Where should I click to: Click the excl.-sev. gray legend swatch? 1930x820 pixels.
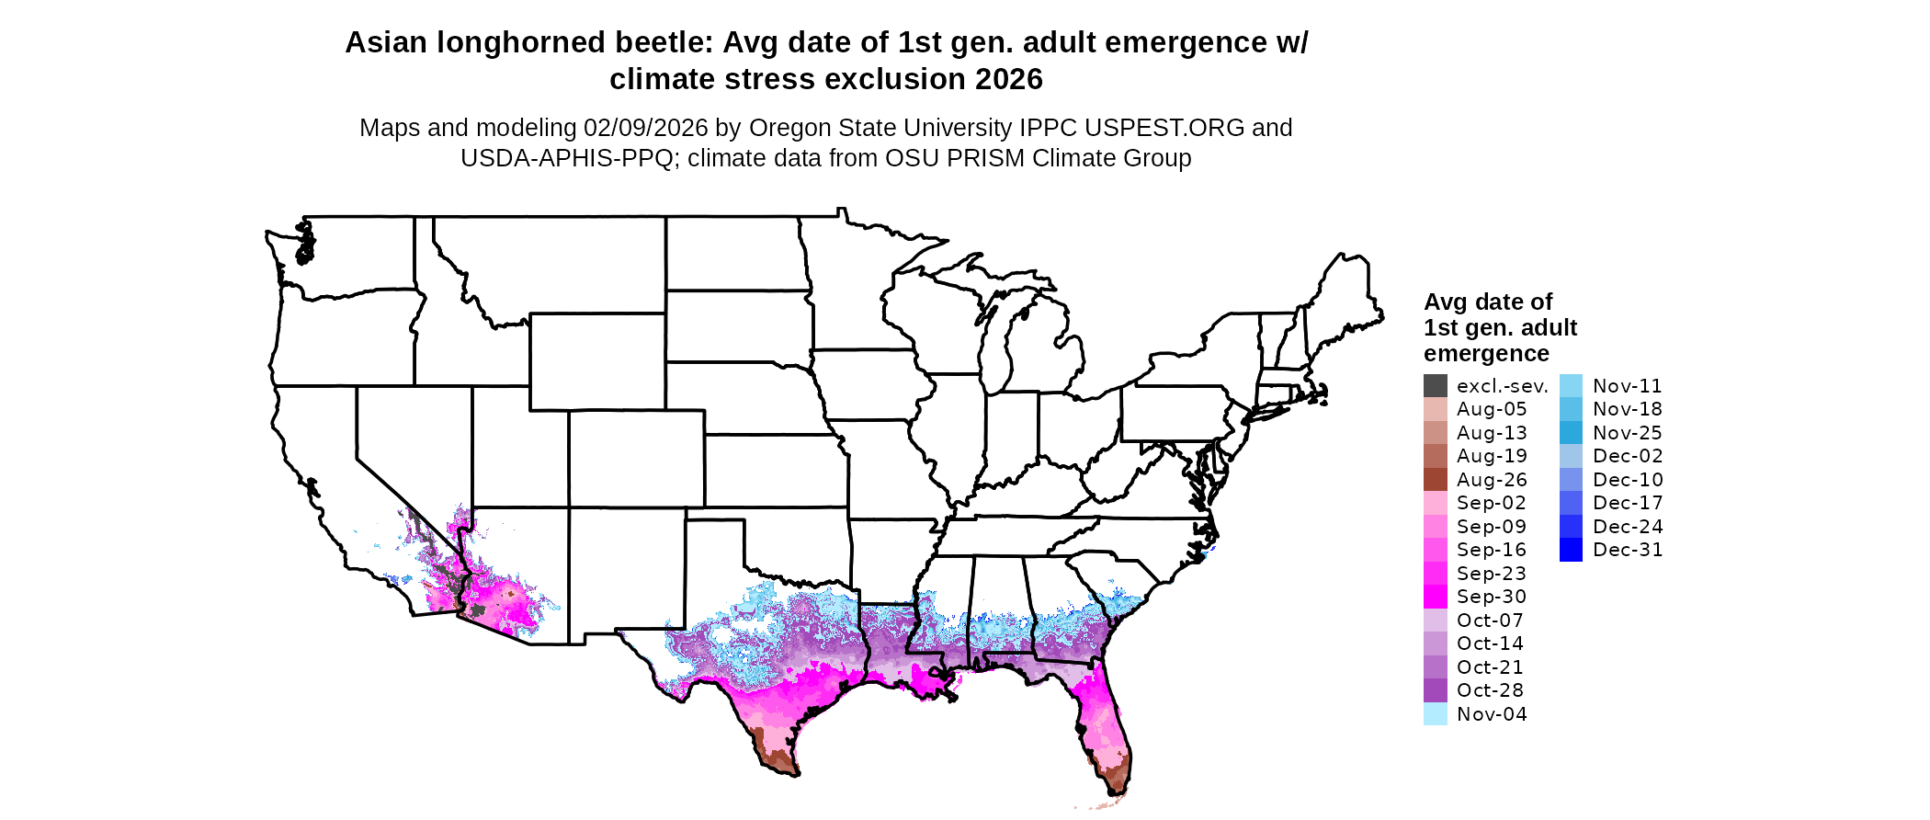tap(1435, 386)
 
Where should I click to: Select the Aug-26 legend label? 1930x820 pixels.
tap(1492, 480)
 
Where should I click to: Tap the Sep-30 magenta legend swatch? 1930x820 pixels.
tap(1435, 597)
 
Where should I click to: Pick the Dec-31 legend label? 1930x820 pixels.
tap(1628, 550)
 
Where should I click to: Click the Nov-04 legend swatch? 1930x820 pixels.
tap(1435, 714)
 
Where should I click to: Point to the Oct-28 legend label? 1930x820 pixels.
tap(1490, 690)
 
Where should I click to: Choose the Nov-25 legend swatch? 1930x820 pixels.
tap(1571, 433)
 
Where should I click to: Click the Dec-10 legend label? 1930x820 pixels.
tap(1628, 480)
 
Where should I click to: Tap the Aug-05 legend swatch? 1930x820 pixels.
tap(1435, 409)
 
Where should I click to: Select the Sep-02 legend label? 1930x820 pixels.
tap(1491, 503)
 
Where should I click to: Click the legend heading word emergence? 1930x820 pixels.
tap(1486, 354)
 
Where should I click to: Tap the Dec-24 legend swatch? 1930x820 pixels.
tap(1571, 527)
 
